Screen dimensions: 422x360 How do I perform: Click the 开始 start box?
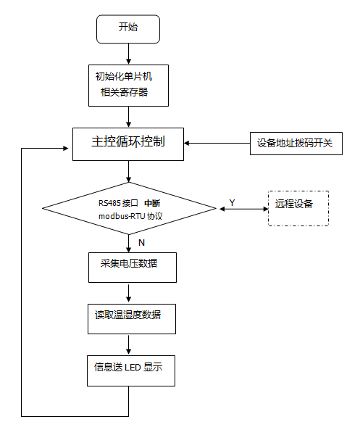coord(127,28)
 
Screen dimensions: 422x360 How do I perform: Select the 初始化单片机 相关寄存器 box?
coord(127,84)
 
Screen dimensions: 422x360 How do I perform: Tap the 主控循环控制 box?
coord(127,142)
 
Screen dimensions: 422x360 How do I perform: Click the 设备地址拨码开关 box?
coord(296,143)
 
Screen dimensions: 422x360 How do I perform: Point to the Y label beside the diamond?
coord(232,202)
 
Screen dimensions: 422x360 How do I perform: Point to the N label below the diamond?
coord(141,241)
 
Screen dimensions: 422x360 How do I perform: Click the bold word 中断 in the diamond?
coord(152,202)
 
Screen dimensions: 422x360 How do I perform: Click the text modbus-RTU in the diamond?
coord(120,216)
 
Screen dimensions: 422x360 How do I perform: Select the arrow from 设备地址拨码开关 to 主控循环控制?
coord(217,143)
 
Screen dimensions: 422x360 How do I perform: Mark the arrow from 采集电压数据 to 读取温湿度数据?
coord(128,292)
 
